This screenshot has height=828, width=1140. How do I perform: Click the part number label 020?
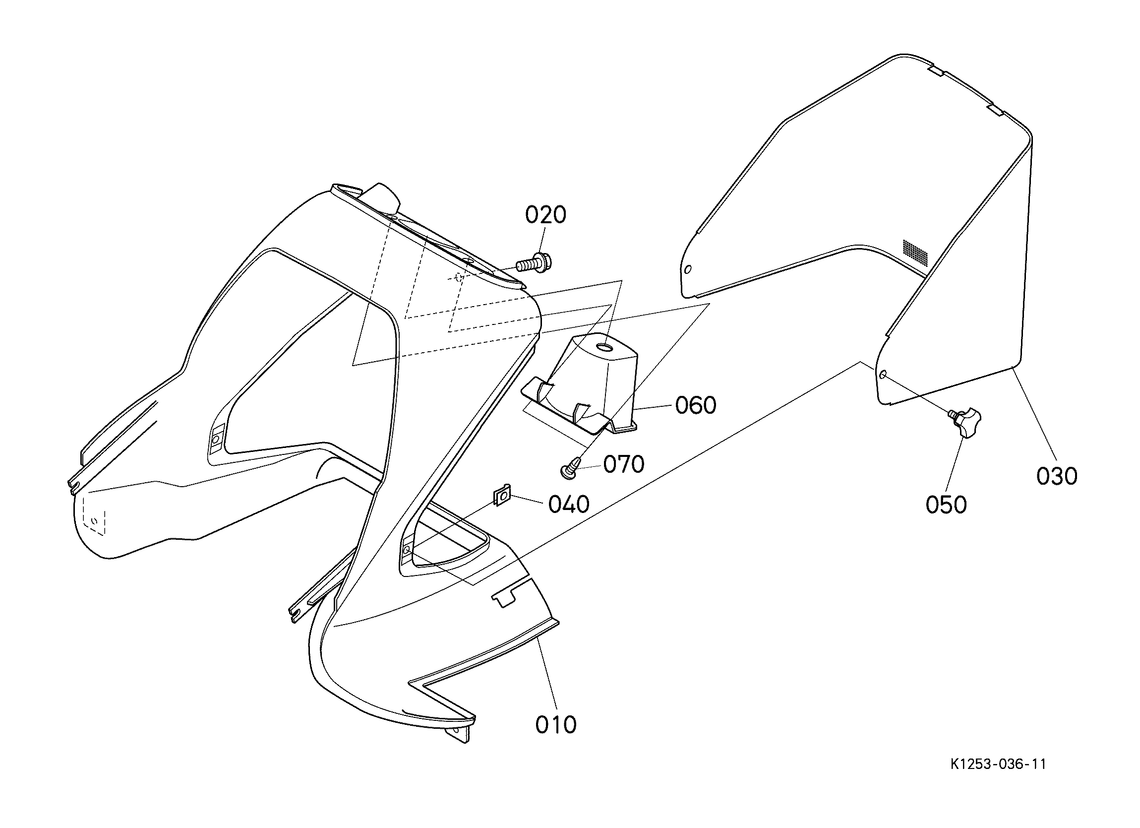coord(546,215)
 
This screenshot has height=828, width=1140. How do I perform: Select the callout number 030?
coord(1057,476)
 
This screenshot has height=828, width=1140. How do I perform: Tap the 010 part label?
coord(556,724)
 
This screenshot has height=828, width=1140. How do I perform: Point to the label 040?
coord(568,505)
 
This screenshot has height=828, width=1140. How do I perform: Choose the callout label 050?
coord(946,505)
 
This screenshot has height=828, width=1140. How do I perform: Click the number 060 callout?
coord(696,405)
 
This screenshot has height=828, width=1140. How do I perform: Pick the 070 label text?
coord(624,464)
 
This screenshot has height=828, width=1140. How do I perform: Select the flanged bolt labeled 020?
coord(534,262)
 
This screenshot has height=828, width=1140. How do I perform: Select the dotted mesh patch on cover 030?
coord(916,253)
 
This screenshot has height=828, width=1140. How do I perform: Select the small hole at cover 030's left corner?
coord(688,269)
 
